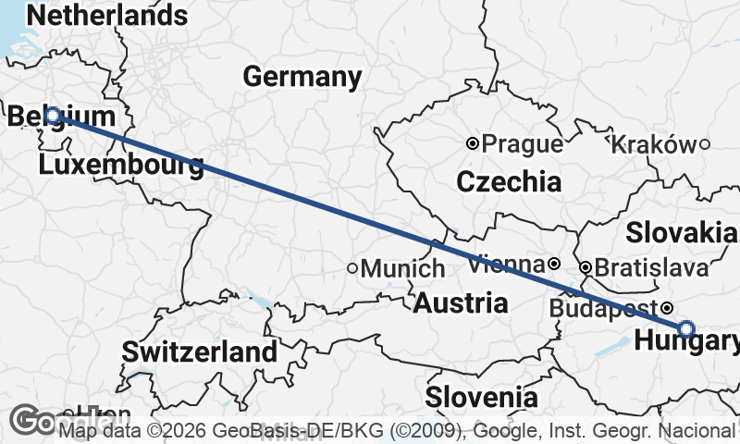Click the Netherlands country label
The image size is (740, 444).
(x=107, y=15)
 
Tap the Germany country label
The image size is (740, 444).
(x=302, y=77)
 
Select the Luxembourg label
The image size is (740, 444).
(x=121, y=166)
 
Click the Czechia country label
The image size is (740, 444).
(x=509, y=182)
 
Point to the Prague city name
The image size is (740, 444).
(x=523, y=144)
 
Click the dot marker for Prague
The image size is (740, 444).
(x=473, y=143)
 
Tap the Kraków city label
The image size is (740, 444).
(x=653, y=144)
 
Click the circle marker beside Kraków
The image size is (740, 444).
(x=704, y=143)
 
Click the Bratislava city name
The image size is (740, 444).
(x=652, y=268)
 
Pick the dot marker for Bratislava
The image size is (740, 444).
(x=586, y=267)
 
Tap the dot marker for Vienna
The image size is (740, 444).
(x=553, y=264)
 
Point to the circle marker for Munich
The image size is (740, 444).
(x=352, y=268)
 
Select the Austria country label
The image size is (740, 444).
(x=460, y=302)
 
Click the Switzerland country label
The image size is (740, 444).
(x=199, y=351)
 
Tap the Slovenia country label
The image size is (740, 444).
(x=481, y=398)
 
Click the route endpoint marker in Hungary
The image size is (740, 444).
(x=685, y=327)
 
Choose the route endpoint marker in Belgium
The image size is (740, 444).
(x=53, y=116)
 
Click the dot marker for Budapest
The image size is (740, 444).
(x=667, y=308)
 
